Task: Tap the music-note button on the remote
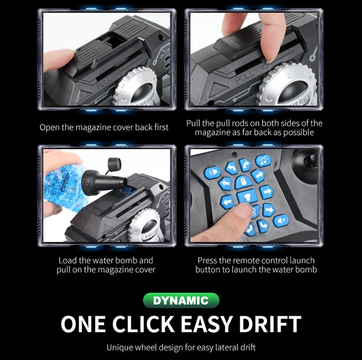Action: point(263,160)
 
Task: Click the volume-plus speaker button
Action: point(281,221)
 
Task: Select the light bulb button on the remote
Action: point(247,197)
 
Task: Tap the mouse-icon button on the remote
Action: point(242,181)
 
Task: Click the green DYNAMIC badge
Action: point(181,301)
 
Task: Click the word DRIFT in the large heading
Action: point(270,324)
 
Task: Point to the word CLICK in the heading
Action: point(143,324)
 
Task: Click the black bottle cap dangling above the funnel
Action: point(114,164)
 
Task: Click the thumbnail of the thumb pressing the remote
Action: point(254,196)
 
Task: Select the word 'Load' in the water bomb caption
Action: point(68,260)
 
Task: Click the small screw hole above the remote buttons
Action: point(234,154)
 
